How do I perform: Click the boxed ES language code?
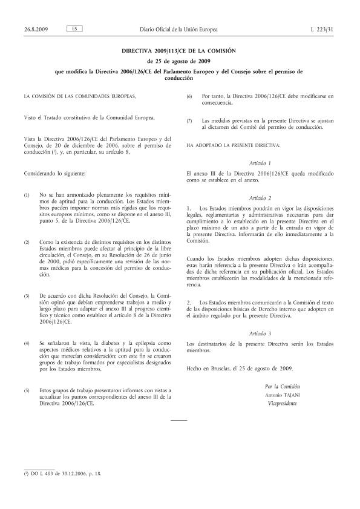(73, 29)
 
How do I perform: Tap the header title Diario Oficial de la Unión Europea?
(179, 29)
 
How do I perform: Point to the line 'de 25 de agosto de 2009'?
(180, 61)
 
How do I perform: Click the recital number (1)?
(27, 195)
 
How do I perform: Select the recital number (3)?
(27, 295)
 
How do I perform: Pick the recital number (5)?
(27, 390)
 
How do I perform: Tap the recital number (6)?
(189, 96)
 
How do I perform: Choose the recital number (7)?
(189, 120)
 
